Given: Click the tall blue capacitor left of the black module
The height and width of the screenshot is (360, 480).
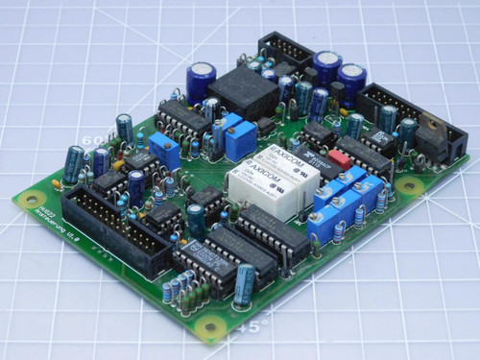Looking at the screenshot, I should click(x=201, y=81).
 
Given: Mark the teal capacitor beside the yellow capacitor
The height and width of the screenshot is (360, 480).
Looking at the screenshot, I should click(x=73, y=164).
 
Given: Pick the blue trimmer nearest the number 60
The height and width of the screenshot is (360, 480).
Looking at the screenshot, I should click(x=165, y=151).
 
